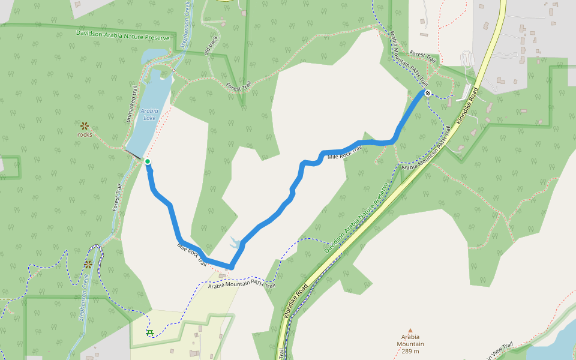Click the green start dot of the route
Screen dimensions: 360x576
[x=147, y=161]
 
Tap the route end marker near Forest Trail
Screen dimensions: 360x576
[x=427, y=92]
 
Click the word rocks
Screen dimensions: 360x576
[x=85, y=134]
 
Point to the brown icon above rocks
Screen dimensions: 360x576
[x=85, y=125]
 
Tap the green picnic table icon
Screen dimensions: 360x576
[x=149, y=332]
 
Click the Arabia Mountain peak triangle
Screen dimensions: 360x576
[x=410, y=330]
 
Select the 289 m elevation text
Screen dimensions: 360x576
[x=410, y=352]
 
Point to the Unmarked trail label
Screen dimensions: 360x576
[x=133, y=105]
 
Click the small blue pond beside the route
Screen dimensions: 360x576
[x=235, y=243]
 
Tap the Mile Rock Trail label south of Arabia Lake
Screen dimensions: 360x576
[x=192, y=254]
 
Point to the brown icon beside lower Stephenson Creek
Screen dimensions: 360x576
[x=88, y=264]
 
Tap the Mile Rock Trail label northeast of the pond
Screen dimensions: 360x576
[x=345, y=154]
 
